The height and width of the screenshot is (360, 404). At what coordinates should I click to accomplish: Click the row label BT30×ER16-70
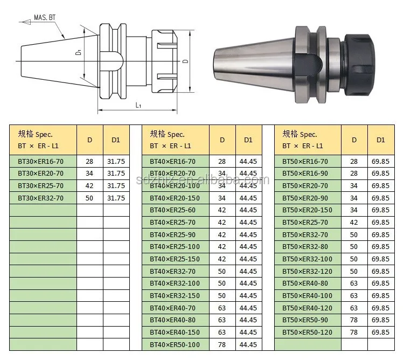tap(41, 161)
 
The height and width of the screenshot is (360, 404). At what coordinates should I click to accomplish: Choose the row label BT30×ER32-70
tap(41, 198)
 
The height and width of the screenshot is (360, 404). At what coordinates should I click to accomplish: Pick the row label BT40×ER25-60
tap(172, 210)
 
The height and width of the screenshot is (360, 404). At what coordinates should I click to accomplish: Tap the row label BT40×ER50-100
tap(175, 344)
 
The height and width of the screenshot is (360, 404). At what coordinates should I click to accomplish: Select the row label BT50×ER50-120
tap(308, 332)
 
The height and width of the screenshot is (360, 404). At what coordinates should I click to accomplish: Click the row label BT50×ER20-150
tap(308, 210)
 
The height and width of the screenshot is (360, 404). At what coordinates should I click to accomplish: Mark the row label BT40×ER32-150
tap(175, 295)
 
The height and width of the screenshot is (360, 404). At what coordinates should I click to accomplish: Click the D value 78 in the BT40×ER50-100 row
tap(222, 344)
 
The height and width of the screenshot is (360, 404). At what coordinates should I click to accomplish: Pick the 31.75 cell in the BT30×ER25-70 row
tap(116, 186)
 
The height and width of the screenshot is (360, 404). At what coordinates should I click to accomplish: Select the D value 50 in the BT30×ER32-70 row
tap(89, 198)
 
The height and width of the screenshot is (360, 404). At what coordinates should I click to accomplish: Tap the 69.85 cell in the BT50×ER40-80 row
tap(381, 283)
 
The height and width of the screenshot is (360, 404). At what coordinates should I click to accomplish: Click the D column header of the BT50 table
tap(354, 140)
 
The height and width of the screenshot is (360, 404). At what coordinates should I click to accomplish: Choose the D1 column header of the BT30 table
tap(116, 140)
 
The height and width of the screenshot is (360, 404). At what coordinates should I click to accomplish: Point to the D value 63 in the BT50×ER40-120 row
tap(354, 308)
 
